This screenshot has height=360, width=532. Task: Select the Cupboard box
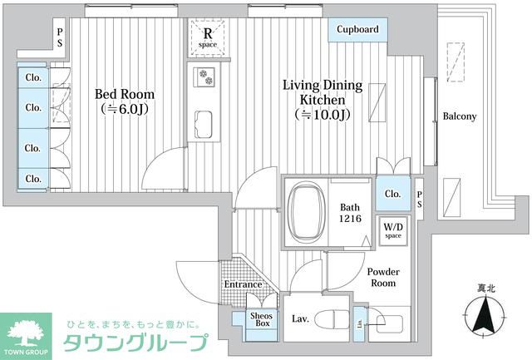coord(357,29)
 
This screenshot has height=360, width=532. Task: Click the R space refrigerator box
coord(206,35)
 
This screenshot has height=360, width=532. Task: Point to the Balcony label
coord(459,116)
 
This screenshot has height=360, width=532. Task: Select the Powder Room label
coord(383,277)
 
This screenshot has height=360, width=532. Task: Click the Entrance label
coord(243,284)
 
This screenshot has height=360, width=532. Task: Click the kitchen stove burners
coord(204,77)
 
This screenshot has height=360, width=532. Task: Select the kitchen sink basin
coord(205,125)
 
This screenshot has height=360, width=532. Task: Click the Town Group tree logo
coord(27,333)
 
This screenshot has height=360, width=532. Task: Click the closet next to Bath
coord(392,194)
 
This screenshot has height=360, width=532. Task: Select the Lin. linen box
coord(358,320)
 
